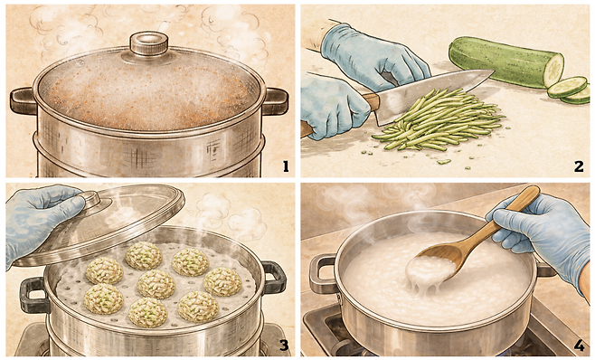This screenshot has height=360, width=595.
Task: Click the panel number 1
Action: (286, 166)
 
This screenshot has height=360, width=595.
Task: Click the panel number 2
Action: (579, 166)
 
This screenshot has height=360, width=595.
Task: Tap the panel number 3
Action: (284, 346)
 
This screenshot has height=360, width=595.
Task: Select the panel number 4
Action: (579, 346)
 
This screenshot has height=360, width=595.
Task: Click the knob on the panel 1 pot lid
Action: (149, 43)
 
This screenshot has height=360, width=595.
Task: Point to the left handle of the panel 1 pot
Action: (23, 100)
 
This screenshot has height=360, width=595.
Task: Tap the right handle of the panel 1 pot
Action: (275, 101)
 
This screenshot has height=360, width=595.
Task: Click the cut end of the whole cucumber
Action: (553, 71)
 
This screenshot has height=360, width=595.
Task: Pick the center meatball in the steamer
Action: (156, 284)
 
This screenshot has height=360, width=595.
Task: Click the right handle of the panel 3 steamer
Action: (274, 277)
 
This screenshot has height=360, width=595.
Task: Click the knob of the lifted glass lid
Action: (90, 197)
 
